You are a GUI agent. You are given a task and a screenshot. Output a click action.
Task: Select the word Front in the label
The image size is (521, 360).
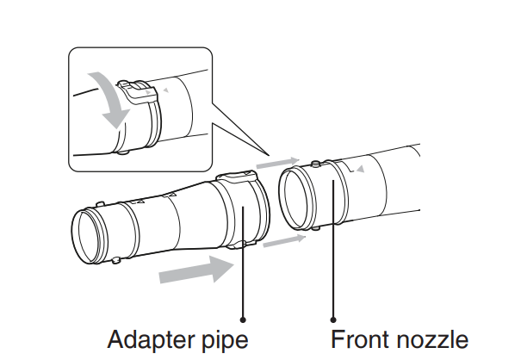(x=363, y=337)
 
